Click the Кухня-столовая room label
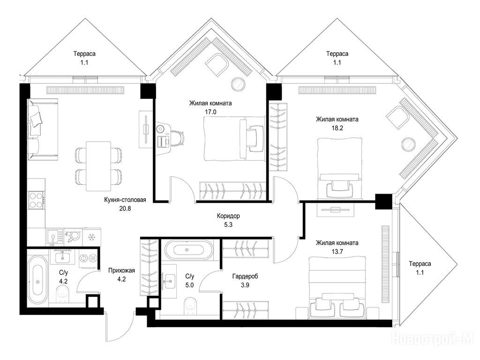pyautogui.click(x=125, y=200)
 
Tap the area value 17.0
pyautogui.click(x=210, y=112)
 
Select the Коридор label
pyautogui.click(x=228, y=216)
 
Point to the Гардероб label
pyautogui.click(x=245, y=277)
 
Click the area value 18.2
pyautogui.click(x=337, y=128)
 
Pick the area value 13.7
pyautogui.click(x=337, y=252)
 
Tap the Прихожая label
pyautogui.click(x=121, y=270)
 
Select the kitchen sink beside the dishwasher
pyautogui.click(x=54, y=237)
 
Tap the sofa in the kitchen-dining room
pyautogui.click(x=43, y=129)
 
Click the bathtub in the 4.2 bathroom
pyautogui.click(x=38, y=280)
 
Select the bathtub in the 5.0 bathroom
pyautogui.click(x=187, y=250)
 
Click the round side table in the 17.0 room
pyautogui.click(x=238, y=84)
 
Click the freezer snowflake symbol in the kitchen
pyautogui.click(x=91, y=237)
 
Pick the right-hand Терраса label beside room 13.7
pyautogui.click(x=420, y=264)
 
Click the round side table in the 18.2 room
pyautogui.click(x=408, y=144)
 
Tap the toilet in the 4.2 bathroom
pyautogui.click(x=63, y=293)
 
